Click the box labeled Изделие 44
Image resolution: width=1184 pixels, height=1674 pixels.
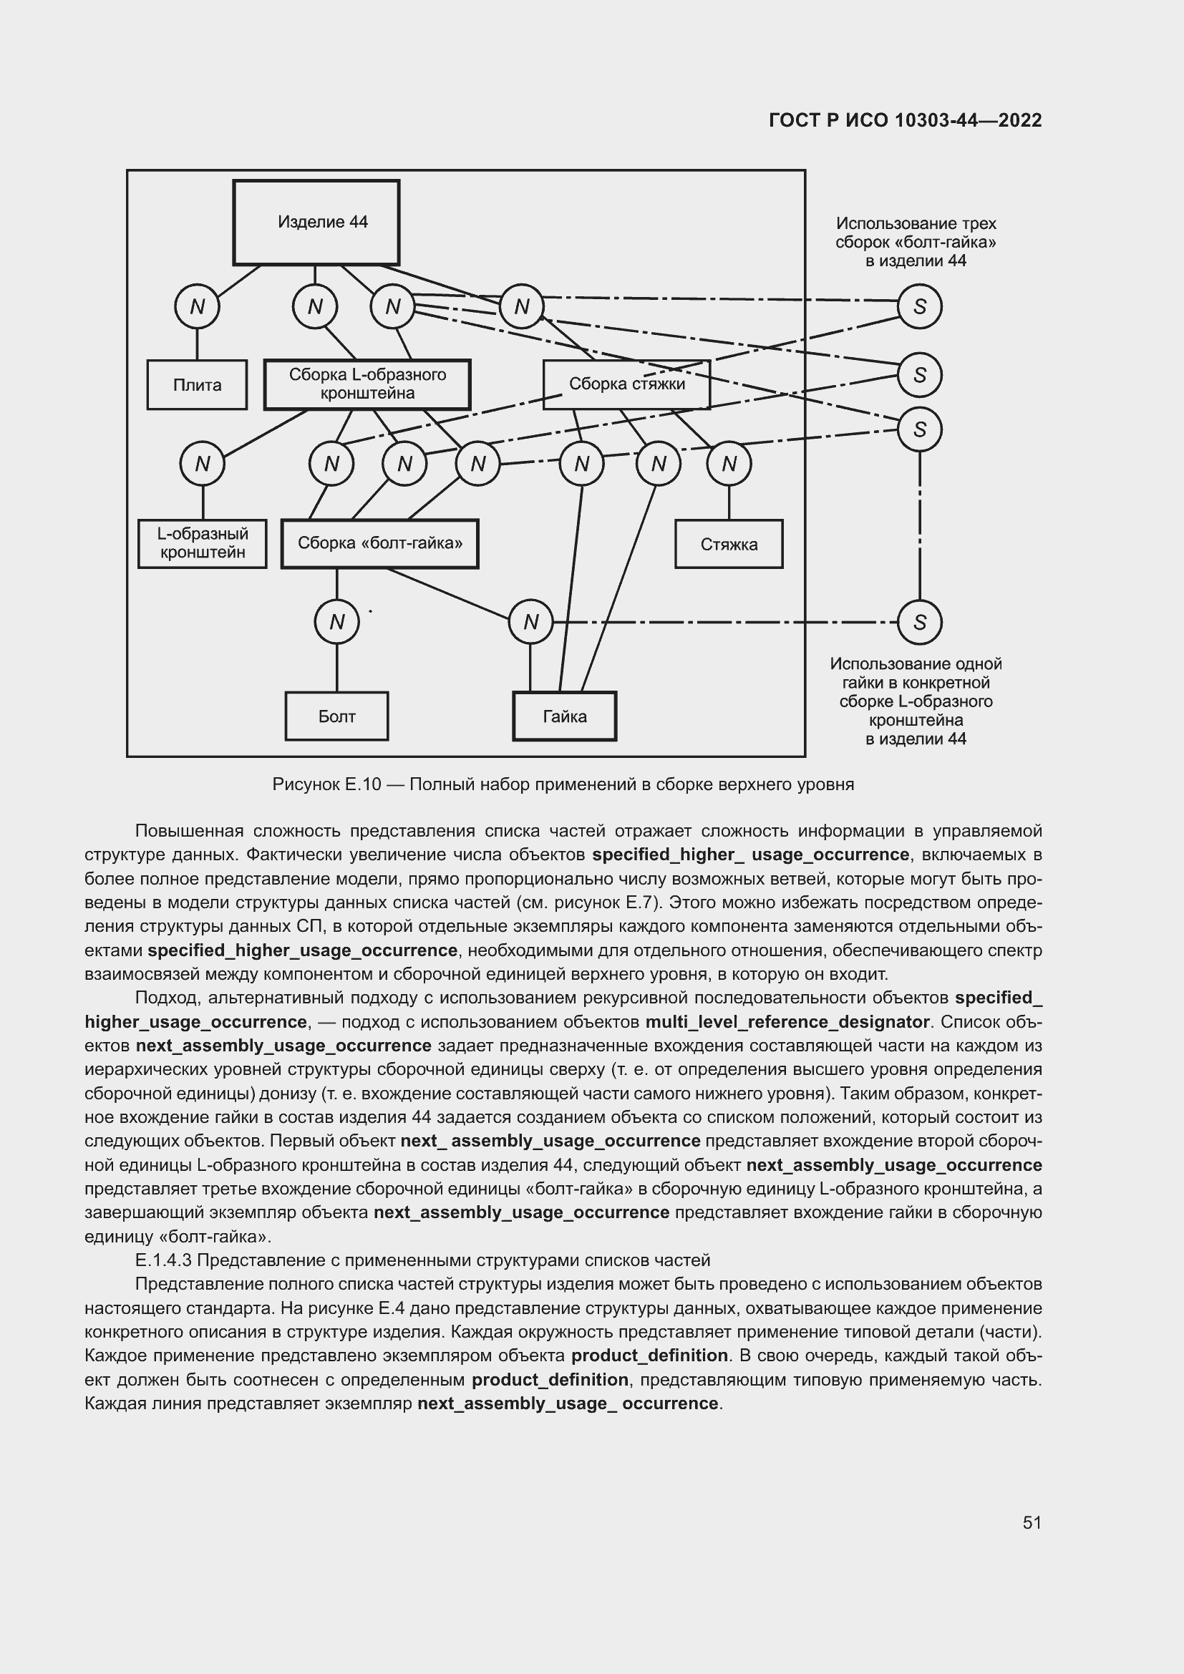click(x=316, y=223)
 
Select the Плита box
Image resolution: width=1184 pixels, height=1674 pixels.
click(x=197, y=384)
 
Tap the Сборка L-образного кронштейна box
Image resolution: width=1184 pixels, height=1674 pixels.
click(x=367, y=384)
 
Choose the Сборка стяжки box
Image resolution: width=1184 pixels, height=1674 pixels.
click(x=626, y=384)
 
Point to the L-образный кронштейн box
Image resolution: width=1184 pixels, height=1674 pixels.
click(x=202, y=543)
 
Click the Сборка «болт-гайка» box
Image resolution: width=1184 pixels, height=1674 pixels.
click(x=380, y=543)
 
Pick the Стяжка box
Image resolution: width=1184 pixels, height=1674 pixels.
click(x=728, y=544)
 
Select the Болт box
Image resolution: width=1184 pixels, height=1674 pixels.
click(x=336, y=716)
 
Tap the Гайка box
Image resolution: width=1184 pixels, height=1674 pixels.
click(x=564, y=716)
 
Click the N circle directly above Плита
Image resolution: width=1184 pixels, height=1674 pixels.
click(x=197, y=306)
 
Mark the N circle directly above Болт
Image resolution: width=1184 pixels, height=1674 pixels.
click(x=336, y=622)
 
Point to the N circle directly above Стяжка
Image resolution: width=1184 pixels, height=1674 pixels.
click(x=729, y=464)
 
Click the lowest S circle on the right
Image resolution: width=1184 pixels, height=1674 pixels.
click(x=919, y=622)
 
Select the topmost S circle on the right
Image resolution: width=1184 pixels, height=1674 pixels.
click(x=919, y=306)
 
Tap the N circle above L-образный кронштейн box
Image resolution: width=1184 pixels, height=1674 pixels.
click(x=202, y=464)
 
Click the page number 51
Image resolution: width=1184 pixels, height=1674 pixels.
click(x=1032, y=1522)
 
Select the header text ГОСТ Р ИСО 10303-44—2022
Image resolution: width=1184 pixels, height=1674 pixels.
click(x=905, y=120)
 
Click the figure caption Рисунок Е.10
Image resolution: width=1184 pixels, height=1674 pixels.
click(x=326, y=784)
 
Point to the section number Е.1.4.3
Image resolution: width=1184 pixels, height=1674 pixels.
click(x=162, y=1260)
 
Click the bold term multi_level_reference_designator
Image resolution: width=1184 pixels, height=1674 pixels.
click(x=787, y=1021)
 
